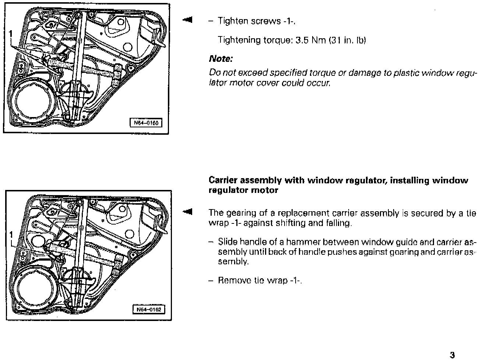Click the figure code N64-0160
click(x=146, y=123)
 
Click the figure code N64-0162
click(x=149, y=310)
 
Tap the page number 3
click(x=452, y=355)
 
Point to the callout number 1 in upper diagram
click(x=11, y=33)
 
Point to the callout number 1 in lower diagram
click(x=11, y=234)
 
